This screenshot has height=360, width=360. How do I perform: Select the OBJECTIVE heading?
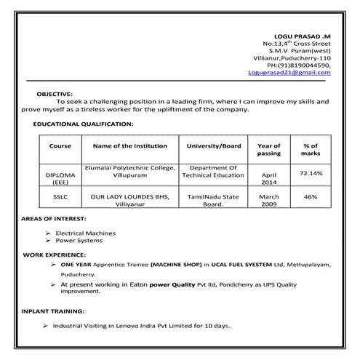coord(55,94)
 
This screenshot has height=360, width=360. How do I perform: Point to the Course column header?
coord(60,146)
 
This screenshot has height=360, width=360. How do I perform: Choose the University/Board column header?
coord(213,146)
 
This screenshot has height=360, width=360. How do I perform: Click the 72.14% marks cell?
coord(311,174)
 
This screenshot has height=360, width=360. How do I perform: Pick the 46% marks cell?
coord(311,197)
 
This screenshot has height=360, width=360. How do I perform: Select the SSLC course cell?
coord(60,197)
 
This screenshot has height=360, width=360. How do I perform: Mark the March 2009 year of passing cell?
coord(269,201)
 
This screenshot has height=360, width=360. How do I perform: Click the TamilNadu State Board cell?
coord(213,201)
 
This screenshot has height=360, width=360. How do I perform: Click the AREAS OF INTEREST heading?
coord(54,219)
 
